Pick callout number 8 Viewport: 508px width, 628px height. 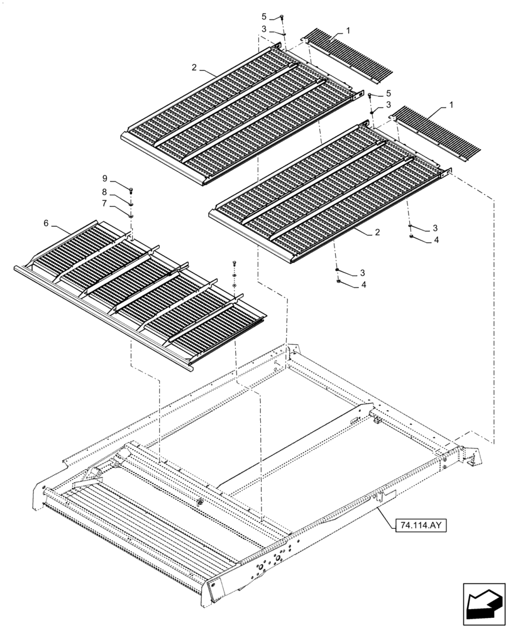(x=105, y=192)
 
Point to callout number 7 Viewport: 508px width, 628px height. (x=105, y=204)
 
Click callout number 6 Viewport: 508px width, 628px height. (x=46, y=223)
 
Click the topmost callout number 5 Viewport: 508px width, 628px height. (x=264, y=17)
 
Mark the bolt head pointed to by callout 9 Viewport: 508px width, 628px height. (x=131, y=190)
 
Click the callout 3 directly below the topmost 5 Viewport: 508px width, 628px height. (x=264, y=29)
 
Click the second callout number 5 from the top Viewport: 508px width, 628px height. (x=389, y=93)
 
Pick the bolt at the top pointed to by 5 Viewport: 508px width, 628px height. (x=282, y=18)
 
